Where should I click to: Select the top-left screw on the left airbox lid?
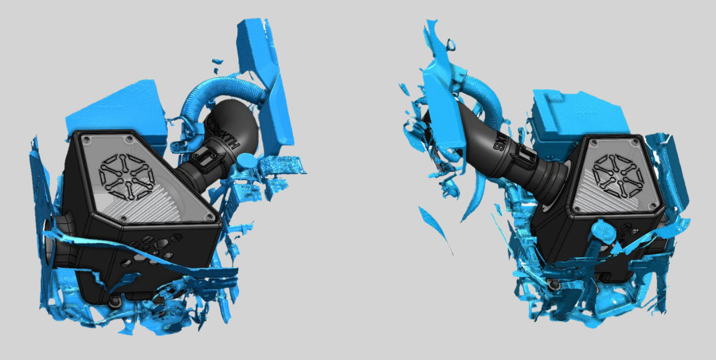(85, 138)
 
